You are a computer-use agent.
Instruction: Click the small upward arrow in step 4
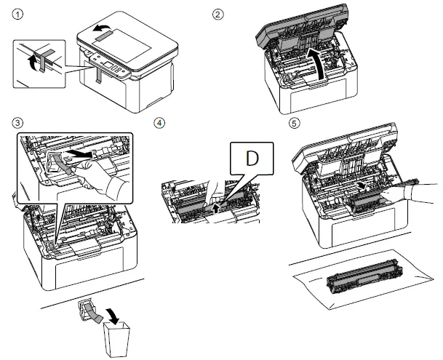(223, 206)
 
